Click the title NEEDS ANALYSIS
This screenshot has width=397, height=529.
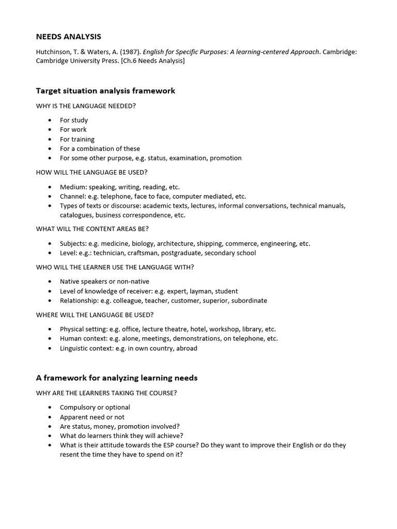pyautogui.click(x=68, y=37)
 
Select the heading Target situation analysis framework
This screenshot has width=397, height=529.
pyautogui.click(x=105, y=91)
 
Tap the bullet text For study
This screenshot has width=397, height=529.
pyautogui.click(x=74, y=120)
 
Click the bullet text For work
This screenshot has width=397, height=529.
pyautogui.click(x=73, y=130)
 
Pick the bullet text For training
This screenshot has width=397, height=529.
pyautogui.click(x=77, y=139)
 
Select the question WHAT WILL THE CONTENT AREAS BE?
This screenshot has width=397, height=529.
pyautogui.click(x=93, y=228)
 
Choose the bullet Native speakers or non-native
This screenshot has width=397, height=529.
pyautogui.click(x=104, y=282)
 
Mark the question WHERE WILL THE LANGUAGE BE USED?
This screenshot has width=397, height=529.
pyautogui.click(x=95, y=315)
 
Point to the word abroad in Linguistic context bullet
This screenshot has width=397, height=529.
pyautogui.click(x=187, y=348)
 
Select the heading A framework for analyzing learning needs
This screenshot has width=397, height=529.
pyautogui.click(x=116, y=378)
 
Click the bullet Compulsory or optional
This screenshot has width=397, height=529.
pyautogui.click(x=95, y=407)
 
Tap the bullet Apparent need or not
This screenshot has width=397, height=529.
pyautogui.click(x=92, y=417)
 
